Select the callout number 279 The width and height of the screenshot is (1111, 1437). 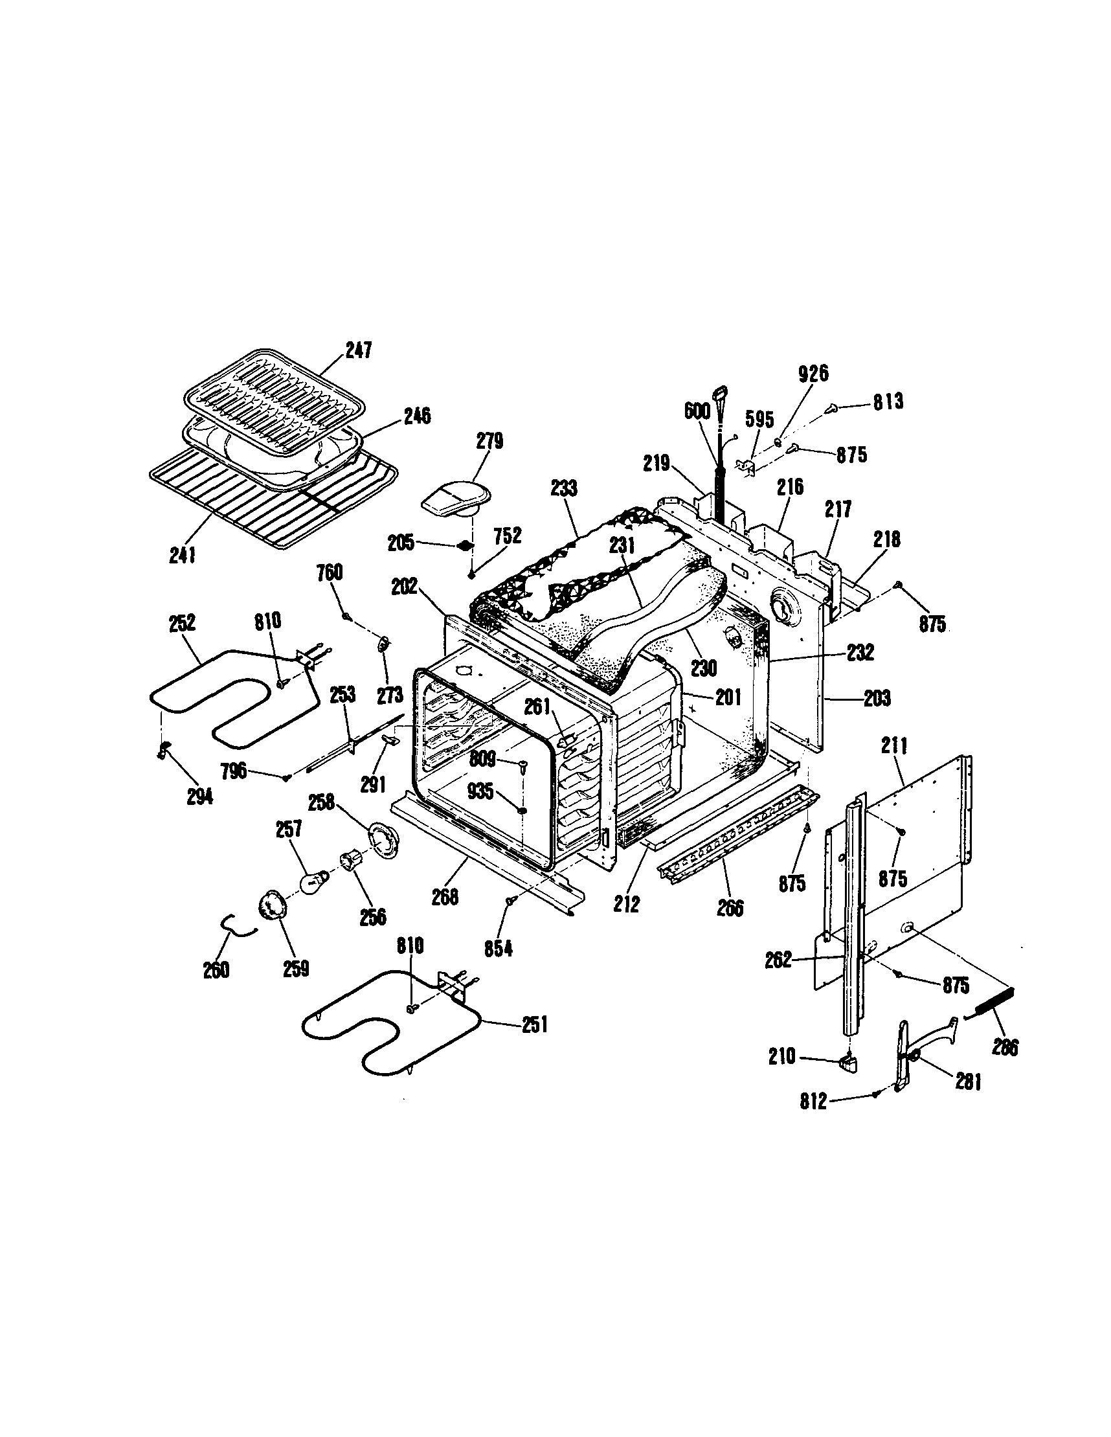[489, 440]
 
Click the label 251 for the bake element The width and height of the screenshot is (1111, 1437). [534, 1024]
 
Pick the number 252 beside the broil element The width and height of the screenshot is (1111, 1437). [182, 622]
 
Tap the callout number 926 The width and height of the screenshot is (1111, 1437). [813, 373]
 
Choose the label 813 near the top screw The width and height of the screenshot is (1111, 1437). [888, 402]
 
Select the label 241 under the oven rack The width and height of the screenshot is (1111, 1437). [182, 556]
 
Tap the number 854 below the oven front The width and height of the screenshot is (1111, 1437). [498, 948]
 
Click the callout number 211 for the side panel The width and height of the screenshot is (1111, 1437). [894, 746]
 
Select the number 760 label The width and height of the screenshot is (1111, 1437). [329, 572]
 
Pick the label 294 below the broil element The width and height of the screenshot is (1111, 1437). [199, 797]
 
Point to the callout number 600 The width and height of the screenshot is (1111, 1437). [697, 411]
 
